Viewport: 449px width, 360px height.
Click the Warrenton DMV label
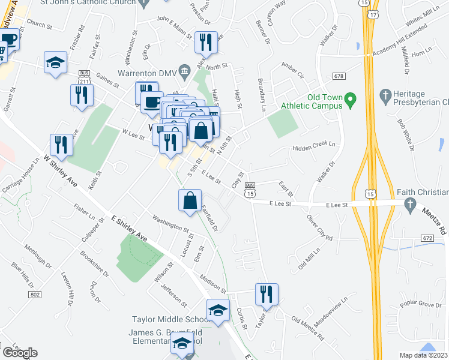click(x=146, y=74)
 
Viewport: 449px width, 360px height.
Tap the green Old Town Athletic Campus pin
click(x=352, y=98)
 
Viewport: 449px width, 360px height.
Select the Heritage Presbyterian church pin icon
click(x=385, y=95)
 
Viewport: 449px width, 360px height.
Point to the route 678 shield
click(x=340, y=76)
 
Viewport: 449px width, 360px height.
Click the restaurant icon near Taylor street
click(x=266, y=294)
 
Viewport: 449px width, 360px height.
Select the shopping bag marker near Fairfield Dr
click(x=190, y=200)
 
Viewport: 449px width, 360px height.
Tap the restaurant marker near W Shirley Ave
click(x=61, y=144)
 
